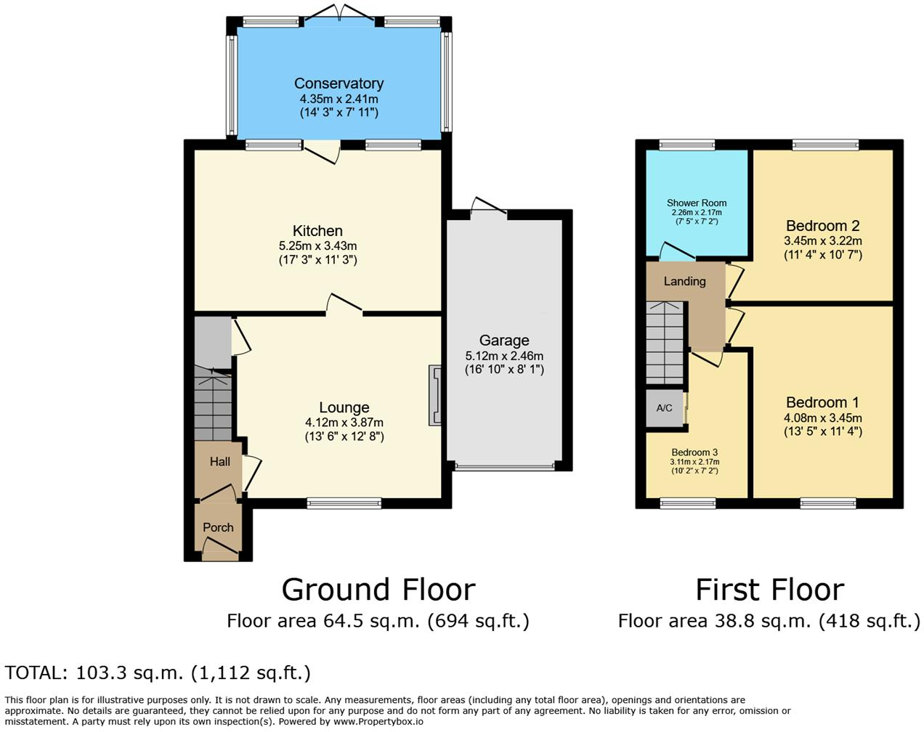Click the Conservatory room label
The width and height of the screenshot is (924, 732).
pyautogui.click(x=339, y=84)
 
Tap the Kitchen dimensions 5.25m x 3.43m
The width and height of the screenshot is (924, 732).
pyautogui.click(x=317, y=246)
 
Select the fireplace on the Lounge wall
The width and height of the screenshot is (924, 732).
pyautogui.click(x=435, y=394)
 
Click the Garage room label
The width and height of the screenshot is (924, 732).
pyautogui.click(x=504, y=341)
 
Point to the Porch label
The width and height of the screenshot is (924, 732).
pyautogui.click(x=218, y=527)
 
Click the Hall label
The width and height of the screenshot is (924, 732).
pyautogui.click(x=219, y=461)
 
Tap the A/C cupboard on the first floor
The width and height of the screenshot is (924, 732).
pyautogui.click(x=665, y=408)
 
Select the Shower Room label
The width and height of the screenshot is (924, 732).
pyautogui.click(x=697, y=203)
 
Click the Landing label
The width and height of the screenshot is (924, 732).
pyautogui.click(x=684, y=281)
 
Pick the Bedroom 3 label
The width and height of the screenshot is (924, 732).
pyautogui.click(x=694, y=452)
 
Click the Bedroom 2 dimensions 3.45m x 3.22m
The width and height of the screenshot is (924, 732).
pyautogui.click(x=822, y=241)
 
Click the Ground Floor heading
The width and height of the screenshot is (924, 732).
pyautogui.click(x=378, y=590)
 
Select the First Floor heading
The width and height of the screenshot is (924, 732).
pyautogui.click(x=769, y=590)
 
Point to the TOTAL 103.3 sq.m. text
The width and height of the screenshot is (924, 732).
pyautogui.click(x=158, y=673)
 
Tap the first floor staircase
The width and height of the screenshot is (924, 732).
pyautogui.click(x=665, y=343)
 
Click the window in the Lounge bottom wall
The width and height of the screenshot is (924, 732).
pyautogui.click(x=344, y=503)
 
